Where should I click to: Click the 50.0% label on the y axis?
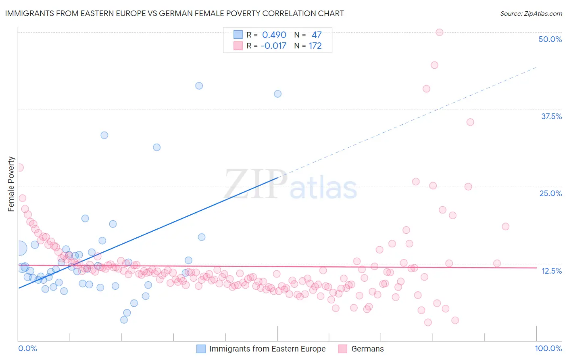[550, 39]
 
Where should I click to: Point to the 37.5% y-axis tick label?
[551, 116]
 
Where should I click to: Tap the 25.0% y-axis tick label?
[550, 193]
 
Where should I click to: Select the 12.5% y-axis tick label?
[551, 271]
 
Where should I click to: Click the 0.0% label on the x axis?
[27, 348]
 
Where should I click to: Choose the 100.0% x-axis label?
[548, 348]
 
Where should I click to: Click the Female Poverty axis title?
[11, 184]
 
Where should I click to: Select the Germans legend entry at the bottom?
[367, 349]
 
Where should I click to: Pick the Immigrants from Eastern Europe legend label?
[267, 349]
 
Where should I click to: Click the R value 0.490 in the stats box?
[274, 35]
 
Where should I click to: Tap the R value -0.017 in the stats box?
[273, 46]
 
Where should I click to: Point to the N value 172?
[315, 46]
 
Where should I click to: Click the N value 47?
[317, 35]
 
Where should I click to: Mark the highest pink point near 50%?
[440, 32]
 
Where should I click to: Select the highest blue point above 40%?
[199, 86]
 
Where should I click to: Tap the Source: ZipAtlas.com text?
[531, 14]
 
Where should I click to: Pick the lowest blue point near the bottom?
[124, 320]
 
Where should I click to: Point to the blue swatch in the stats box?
[238, 35]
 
